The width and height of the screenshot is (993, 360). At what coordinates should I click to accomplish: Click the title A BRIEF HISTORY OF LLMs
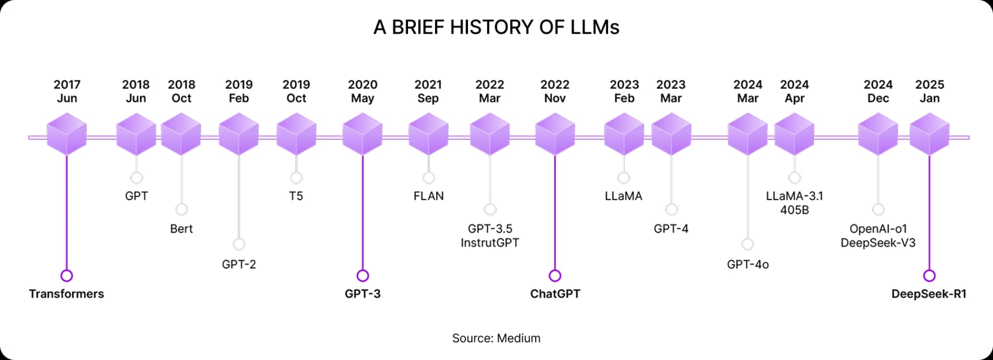(496, 27)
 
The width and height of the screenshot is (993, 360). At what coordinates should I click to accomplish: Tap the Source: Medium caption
(496, 338)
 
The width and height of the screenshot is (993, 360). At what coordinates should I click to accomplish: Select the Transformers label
(66, 294)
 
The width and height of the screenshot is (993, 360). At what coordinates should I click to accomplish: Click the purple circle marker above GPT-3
(363, 275)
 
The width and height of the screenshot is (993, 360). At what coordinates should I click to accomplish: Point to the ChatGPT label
(555, 294)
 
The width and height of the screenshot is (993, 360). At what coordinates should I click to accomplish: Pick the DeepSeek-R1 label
(929, 294)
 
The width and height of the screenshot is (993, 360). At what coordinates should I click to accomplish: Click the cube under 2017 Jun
(67, 134)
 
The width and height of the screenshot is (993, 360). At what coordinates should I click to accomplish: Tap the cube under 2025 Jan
(929, 134)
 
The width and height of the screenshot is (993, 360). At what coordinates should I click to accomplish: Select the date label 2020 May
(363, 91)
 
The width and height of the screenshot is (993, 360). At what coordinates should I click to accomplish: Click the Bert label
(182, 229)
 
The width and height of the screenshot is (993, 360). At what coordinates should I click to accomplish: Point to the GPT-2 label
(239, 264)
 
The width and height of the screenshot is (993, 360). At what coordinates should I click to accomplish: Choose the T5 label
(296, 196)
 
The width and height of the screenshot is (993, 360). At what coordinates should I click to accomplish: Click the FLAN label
(429, 196)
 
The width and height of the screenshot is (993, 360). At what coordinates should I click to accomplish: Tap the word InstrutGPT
(490, 243)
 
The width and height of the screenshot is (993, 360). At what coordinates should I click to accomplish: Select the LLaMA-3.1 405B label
(794, 203)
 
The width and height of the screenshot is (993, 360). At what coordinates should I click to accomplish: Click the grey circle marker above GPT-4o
(747, 244)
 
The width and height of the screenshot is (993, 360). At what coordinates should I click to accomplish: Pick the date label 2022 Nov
(555, 91)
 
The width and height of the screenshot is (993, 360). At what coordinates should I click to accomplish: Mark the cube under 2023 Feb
(624, 134)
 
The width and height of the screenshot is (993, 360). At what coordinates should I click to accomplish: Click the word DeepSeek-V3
(878, 243)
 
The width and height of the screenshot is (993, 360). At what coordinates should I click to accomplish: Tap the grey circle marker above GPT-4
(671, 209)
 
